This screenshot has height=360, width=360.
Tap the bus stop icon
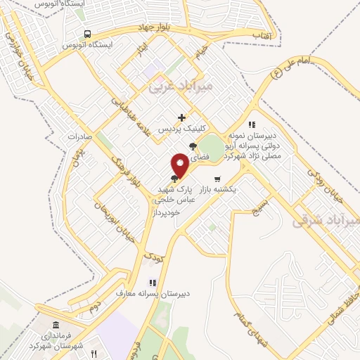(x=87, y=33)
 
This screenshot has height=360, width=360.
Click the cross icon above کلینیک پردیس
(x=182, y=117)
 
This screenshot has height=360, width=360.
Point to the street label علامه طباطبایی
(x=129, y=116)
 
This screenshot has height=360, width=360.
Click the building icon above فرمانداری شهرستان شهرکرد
(x=56, y=326)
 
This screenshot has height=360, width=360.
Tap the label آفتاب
(x=262, y=34)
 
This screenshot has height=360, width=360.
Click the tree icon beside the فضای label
(x=193, y=146)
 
